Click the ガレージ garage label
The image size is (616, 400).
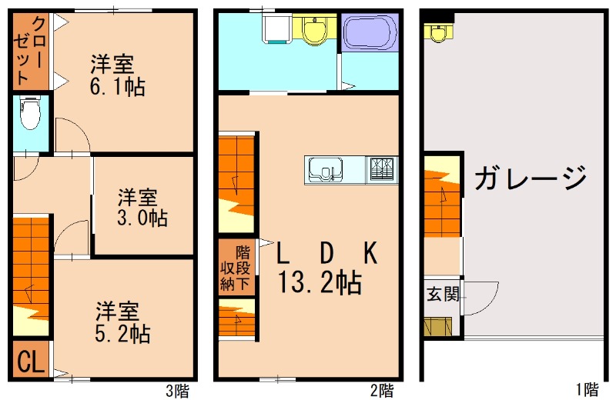[531, 178]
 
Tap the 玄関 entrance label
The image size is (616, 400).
[442, 295]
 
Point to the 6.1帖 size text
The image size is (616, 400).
[117, 86]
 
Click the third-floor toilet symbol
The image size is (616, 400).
[30, 114]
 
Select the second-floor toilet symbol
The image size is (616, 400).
[313, 31]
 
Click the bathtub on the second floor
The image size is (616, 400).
[369, 34]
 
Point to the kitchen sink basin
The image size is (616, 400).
[325, 170]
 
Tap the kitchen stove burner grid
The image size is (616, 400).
[383, 168]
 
